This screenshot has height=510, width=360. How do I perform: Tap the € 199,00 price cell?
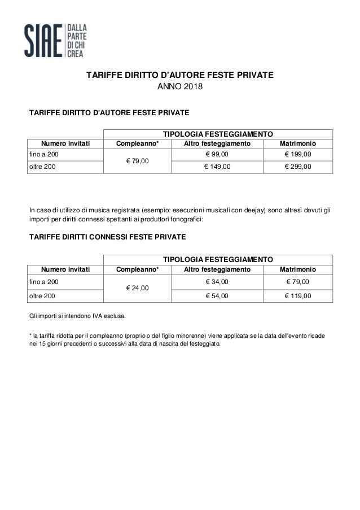point(297,154)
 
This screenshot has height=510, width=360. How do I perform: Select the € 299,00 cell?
point(297,167)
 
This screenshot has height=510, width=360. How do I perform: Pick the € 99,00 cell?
point(217,154)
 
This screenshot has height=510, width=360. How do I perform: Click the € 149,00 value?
point(217,167)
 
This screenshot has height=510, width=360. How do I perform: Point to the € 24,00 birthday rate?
point(137,288)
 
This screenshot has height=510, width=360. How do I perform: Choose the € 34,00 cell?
point(217,282)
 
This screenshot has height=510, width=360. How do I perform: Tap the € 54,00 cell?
point(217,295)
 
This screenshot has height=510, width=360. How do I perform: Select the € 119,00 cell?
point(297,295)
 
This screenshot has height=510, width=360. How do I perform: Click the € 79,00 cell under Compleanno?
point(137,161)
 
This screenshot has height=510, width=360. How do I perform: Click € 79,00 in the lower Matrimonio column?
point(297,282)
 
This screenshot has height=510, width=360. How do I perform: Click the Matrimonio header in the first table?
point(297,143)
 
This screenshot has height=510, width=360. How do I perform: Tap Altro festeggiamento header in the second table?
point(217,270)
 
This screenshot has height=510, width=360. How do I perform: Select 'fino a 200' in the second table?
point(43,282)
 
